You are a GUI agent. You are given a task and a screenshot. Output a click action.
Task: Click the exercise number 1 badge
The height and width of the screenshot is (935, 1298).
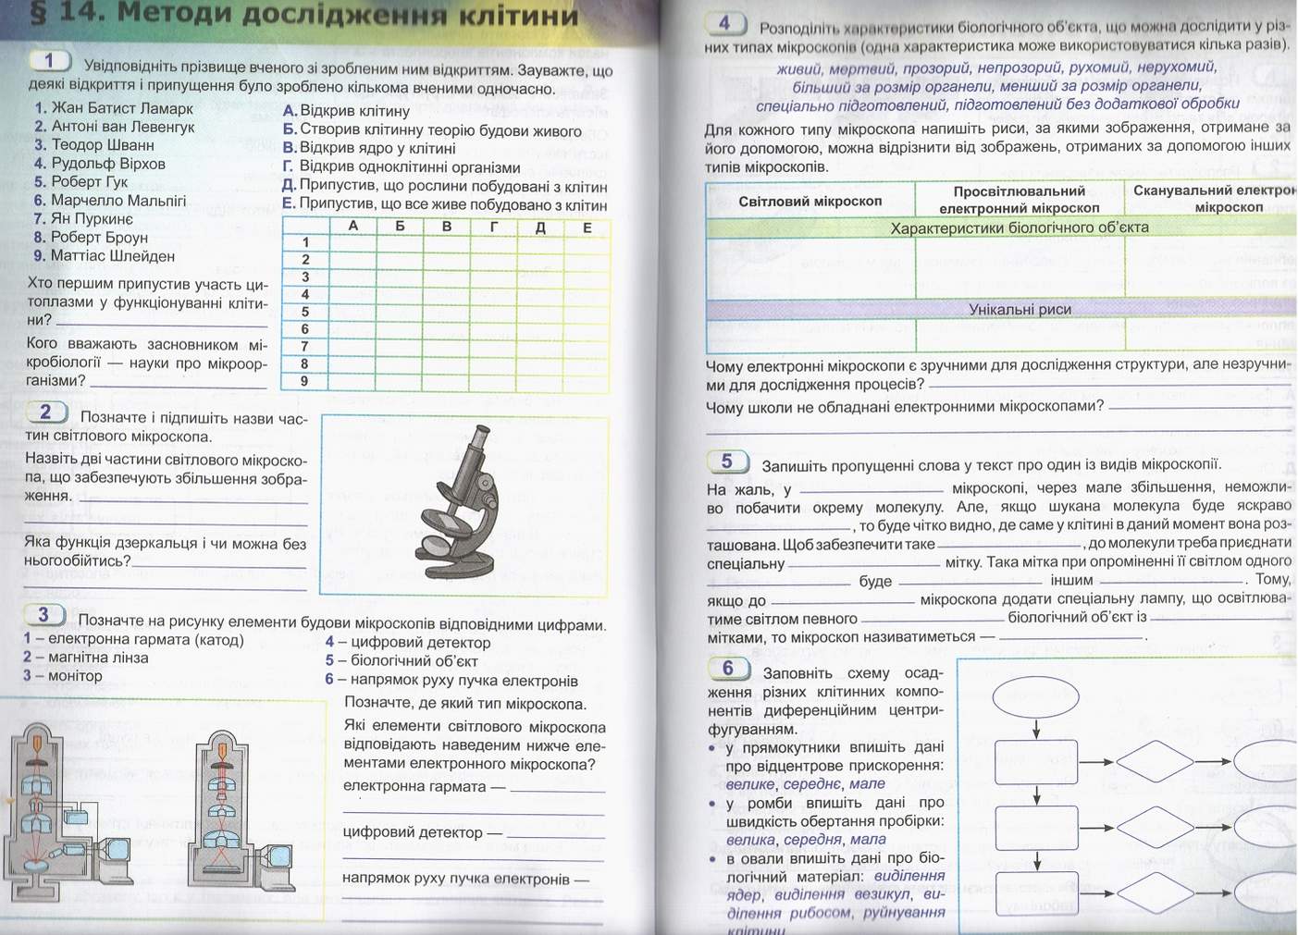49,61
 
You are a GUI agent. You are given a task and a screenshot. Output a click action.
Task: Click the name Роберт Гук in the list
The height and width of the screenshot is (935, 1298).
89,182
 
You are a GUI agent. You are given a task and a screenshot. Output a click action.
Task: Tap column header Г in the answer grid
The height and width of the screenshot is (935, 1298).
494,228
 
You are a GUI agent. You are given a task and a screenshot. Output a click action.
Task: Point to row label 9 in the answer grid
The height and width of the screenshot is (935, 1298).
304,381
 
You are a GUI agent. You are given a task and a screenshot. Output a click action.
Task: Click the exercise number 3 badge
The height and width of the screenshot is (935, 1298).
43,615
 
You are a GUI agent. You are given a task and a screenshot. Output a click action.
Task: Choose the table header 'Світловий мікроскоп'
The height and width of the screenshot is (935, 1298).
810,202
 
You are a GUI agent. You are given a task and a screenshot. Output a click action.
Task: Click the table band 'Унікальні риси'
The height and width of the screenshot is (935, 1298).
1020,310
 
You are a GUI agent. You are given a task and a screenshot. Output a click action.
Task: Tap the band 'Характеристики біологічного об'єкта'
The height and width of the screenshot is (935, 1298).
1020,228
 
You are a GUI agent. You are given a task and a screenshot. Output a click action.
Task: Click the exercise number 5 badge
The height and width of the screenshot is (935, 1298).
726,461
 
